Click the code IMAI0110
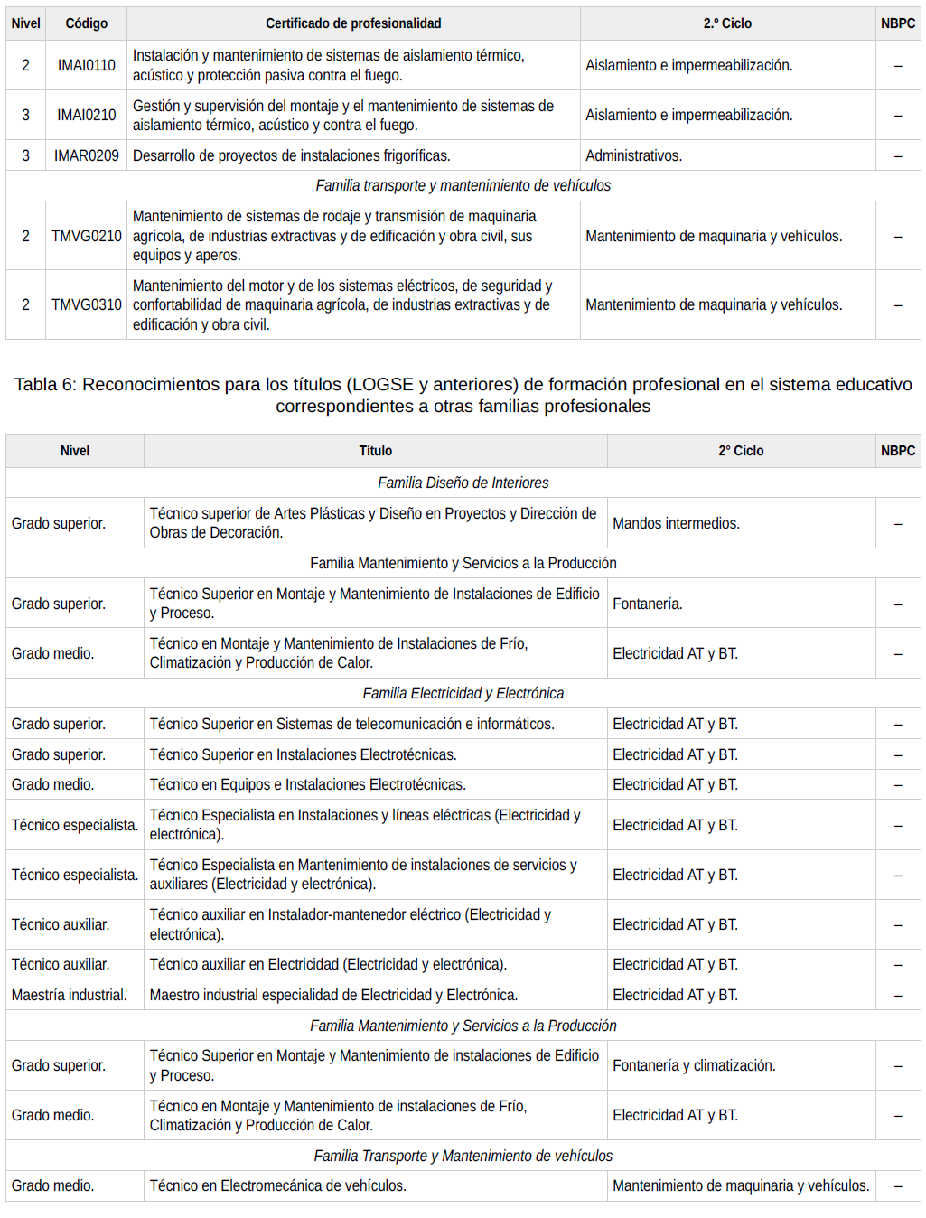click(x=87, y=65)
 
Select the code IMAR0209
click(x=87, y=155)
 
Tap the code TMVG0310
click(x=87, y=304)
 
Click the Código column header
click(x=87, y=23)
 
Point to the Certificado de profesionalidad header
click(x=353, y=23)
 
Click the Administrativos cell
click(x=633, y=155)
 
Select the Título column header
click(x=375, y=451)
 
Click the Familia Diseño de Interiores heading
click(x=463, y=483)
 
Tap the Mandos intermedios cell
click(x=676, y=523)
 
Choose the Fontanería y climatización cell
click(x=694, y=1065)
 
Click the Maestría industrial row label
click(x=70, y=995)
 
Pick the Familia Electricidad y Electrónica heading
click(x=463, y=693)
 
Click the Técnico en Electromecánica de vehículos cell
click(x=278, y=1185)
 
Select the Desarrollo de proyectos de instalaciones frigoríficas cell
click(x=291, y=155)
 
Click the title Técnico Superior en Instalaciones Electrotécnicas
click(x=303, y=754)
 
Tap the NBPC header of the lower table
click(x=897, y=451)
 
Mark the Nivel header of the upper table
click(x=25, y=23)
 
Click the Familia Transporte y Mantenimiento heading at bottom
click(x=463, y=1156)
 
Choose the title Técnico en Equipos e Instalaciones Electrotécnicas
click(x=307, y=784)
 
